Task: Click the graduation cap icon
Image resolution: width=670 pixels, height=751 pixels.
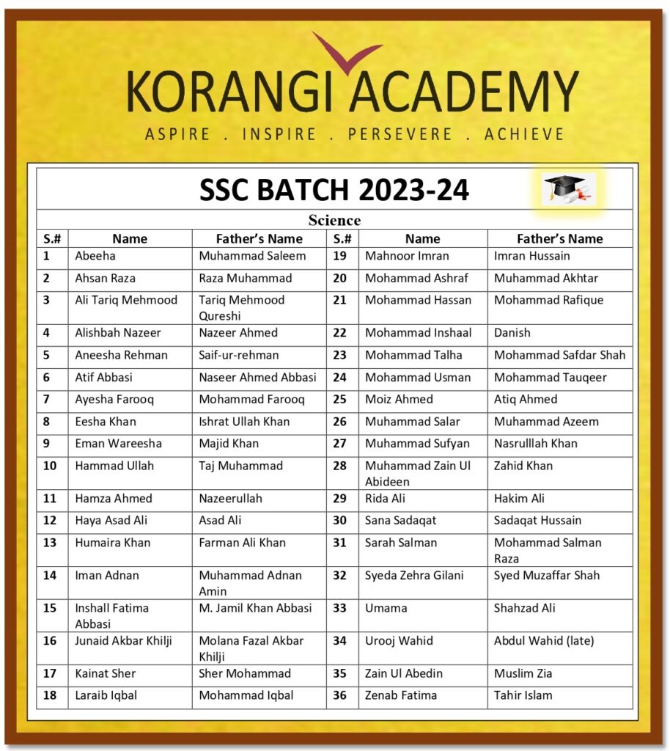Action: pyautogui.click(x=569, y=188)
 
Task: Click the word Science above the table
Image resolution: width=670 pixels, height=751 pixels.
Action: pyautogui.click(x=334, y=220)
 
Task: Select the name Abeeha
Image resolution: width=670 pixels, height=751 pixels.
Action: pyautogui.click(x=95, y=256)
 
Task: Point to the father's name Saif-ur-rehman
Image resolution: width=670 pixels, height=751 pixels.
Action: pyautogui.click(x=239, y=355)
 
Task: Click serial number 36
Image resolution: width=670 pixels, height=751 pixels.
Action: pyautogui.click(x=339, y=695)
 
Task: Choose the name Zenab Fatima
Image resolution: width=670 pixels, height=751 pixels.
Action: pyautogui.click(x=401, y=695)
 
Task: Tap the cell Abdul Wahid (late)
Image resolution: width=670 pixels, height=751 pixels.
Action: pyautogui.click(x=544, y=640)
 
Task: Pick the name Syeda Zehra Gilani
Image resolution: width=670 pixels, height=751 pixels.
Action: pyautogui.click(x=414, y=575)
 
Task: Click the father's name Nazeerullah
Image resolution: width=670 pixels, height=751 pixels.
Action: pyautogui.click(x=230, y=498)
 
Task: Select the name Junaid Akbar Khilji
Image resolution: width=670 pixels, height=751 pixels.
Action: pyautogui.click(x=123, y=640)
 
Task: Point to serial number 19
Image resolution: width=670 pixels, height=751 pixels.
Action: pyautogui.click(x=339, y=256)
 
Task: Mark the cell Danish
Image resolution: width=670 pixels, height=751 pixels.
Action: pyautogui.click(x=512, y=332)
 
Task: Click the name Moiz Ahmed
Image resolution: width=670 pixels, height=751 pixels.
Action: pyautogui.click(x=399, y=399)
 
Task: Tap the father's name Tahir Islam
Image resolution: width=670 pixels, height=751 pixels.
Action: pyautogui.click(x=523, y=695)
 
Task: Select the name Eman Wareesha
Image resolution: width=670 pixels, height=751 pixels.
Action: pyautogui.click(x=118, y=443)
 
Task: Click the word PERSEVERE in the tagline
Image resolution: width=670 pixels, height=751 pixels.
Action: pyautogui.click(x=400, y=134)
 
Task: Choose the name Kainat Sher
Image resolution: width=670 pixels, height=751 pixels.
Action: pyautogui.click(x=105, y=673)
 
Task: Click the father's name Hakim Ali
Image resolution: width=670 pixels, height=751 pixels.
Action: pyautogui.click(x=519, y=498)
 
